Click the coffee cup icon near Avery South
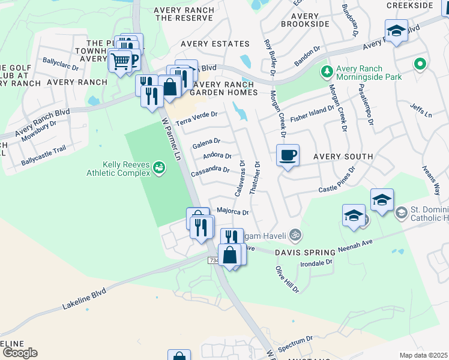(288, 155)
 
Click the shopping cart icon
(121, 61)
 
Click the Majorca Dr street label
(232, 211)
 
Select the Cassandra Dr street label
(210, 170)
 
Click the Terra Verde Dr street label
(196, 118)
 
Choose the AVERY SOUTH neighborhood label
(343, 157)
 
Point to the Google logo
(19, 353)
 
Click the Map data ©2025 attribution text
(423, 355)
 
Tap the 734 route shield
(214, 260)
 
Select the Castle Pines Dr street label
(337, 181)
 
